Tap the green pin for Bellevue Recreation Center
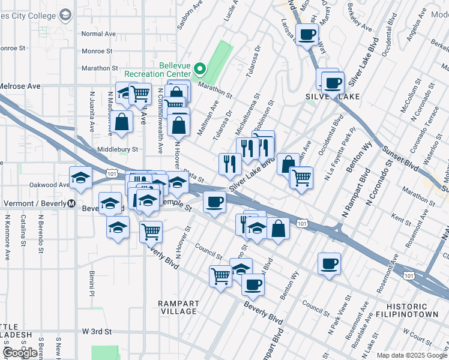click(202, 68)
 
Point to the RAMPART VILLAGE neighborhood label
click(178, 307)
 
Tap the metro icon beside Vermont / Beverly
click(71, 203)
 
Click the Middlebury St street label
click(118, 149)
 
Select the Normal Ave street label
click(98, 34)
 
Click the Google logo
click(20, 353)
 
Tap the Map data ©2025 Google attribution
click(411, 355)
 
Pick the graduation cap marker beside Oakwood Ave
click(80, 178)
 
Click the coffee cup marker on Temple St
click(214, 202)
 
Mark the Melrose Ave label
click(20, 86)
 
